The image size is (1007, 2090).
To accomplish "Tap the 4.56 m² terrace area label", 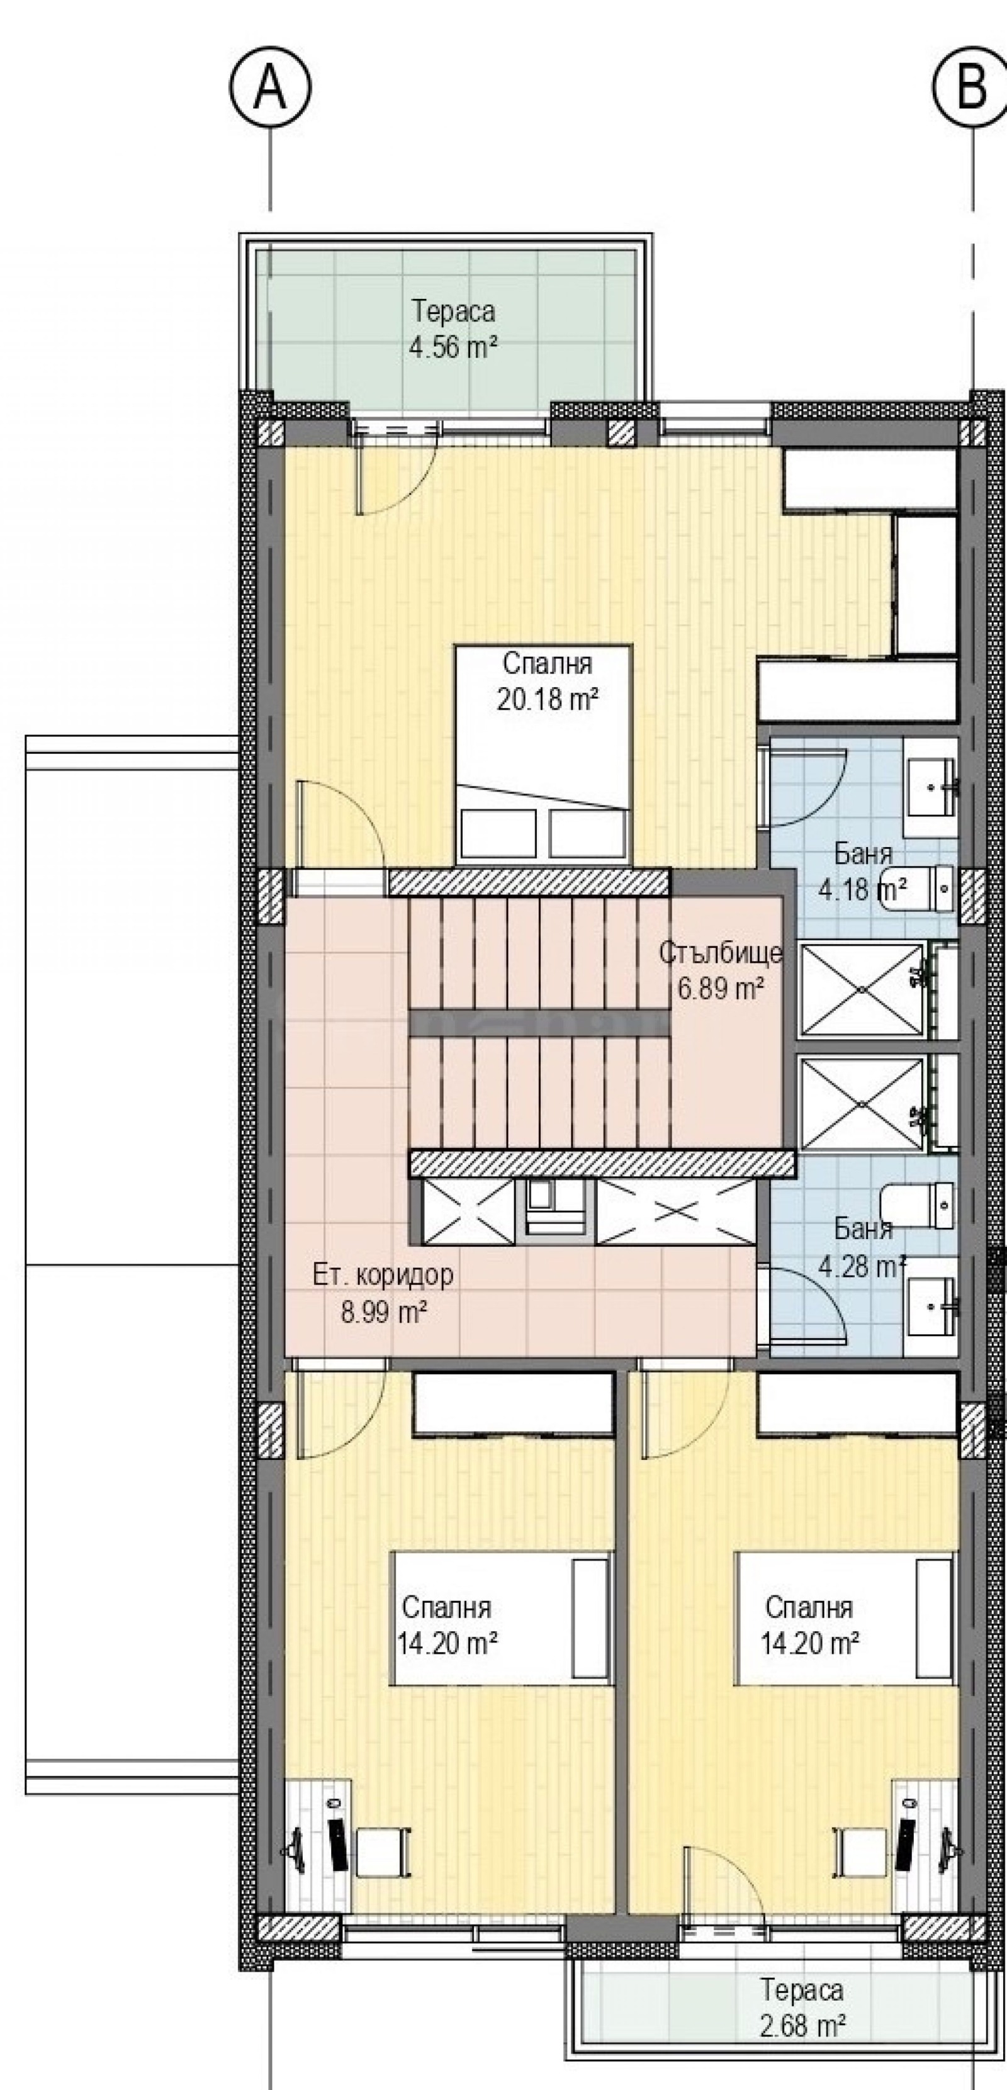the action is (453, 348).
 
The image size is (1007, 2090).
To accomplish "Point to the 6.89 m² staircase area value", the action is (721, 989).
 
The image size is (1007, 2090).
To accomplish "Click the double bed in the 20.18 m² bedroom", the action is (544, 753).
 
